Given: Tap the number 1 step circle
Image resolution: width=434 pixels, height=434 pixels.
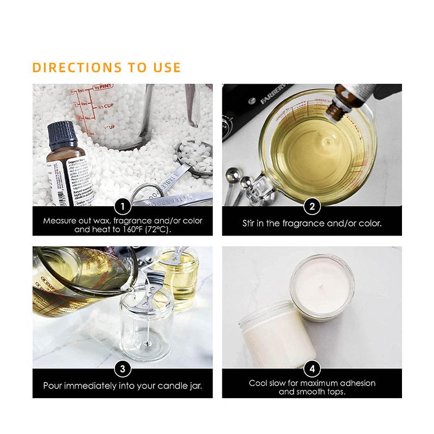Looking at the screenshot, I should [123, 206].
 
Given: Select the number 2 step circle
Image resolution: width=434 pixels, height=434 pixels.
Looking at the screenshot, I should [312, 206].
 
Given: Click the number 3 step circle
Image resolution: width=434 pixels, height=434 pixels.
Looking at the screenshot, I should [123, 369].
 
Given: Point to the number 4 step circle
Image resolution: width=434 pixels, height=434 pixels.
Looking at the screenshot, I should [312, 369].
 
